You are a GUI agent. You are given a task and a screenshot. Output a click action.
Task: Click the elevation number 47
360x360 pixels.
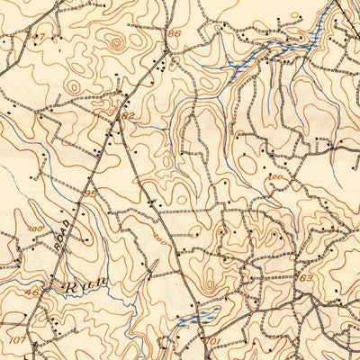(37, 37)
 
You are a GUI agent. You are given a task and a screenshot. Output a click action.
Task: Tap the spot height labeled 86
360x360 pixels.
(174, 33)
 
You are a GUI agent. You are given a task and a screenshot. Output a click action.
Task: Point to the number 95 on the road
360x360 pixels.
(89, 193)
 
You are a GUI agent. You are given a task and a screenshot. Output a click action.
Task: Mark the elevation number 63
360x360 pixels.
(306, 278)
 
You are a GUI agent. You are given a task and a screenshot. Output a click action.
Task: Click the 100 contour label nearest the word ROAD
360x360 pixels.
(36, 230)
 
